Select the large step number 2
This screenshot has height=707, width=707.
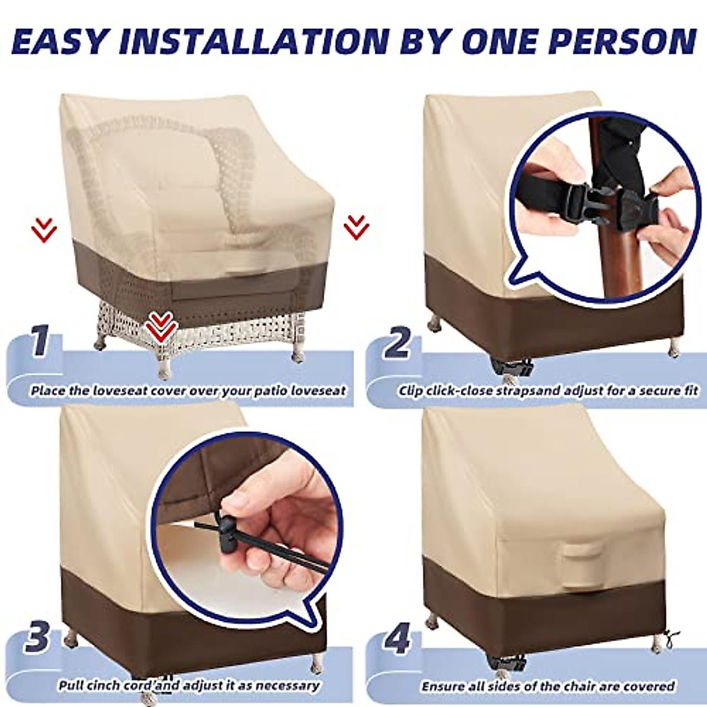pos(396,343)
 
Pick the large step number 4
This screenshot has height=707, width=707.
pos(397,640)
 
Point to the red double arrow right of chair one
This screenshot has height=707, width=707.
pos(356,227)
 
